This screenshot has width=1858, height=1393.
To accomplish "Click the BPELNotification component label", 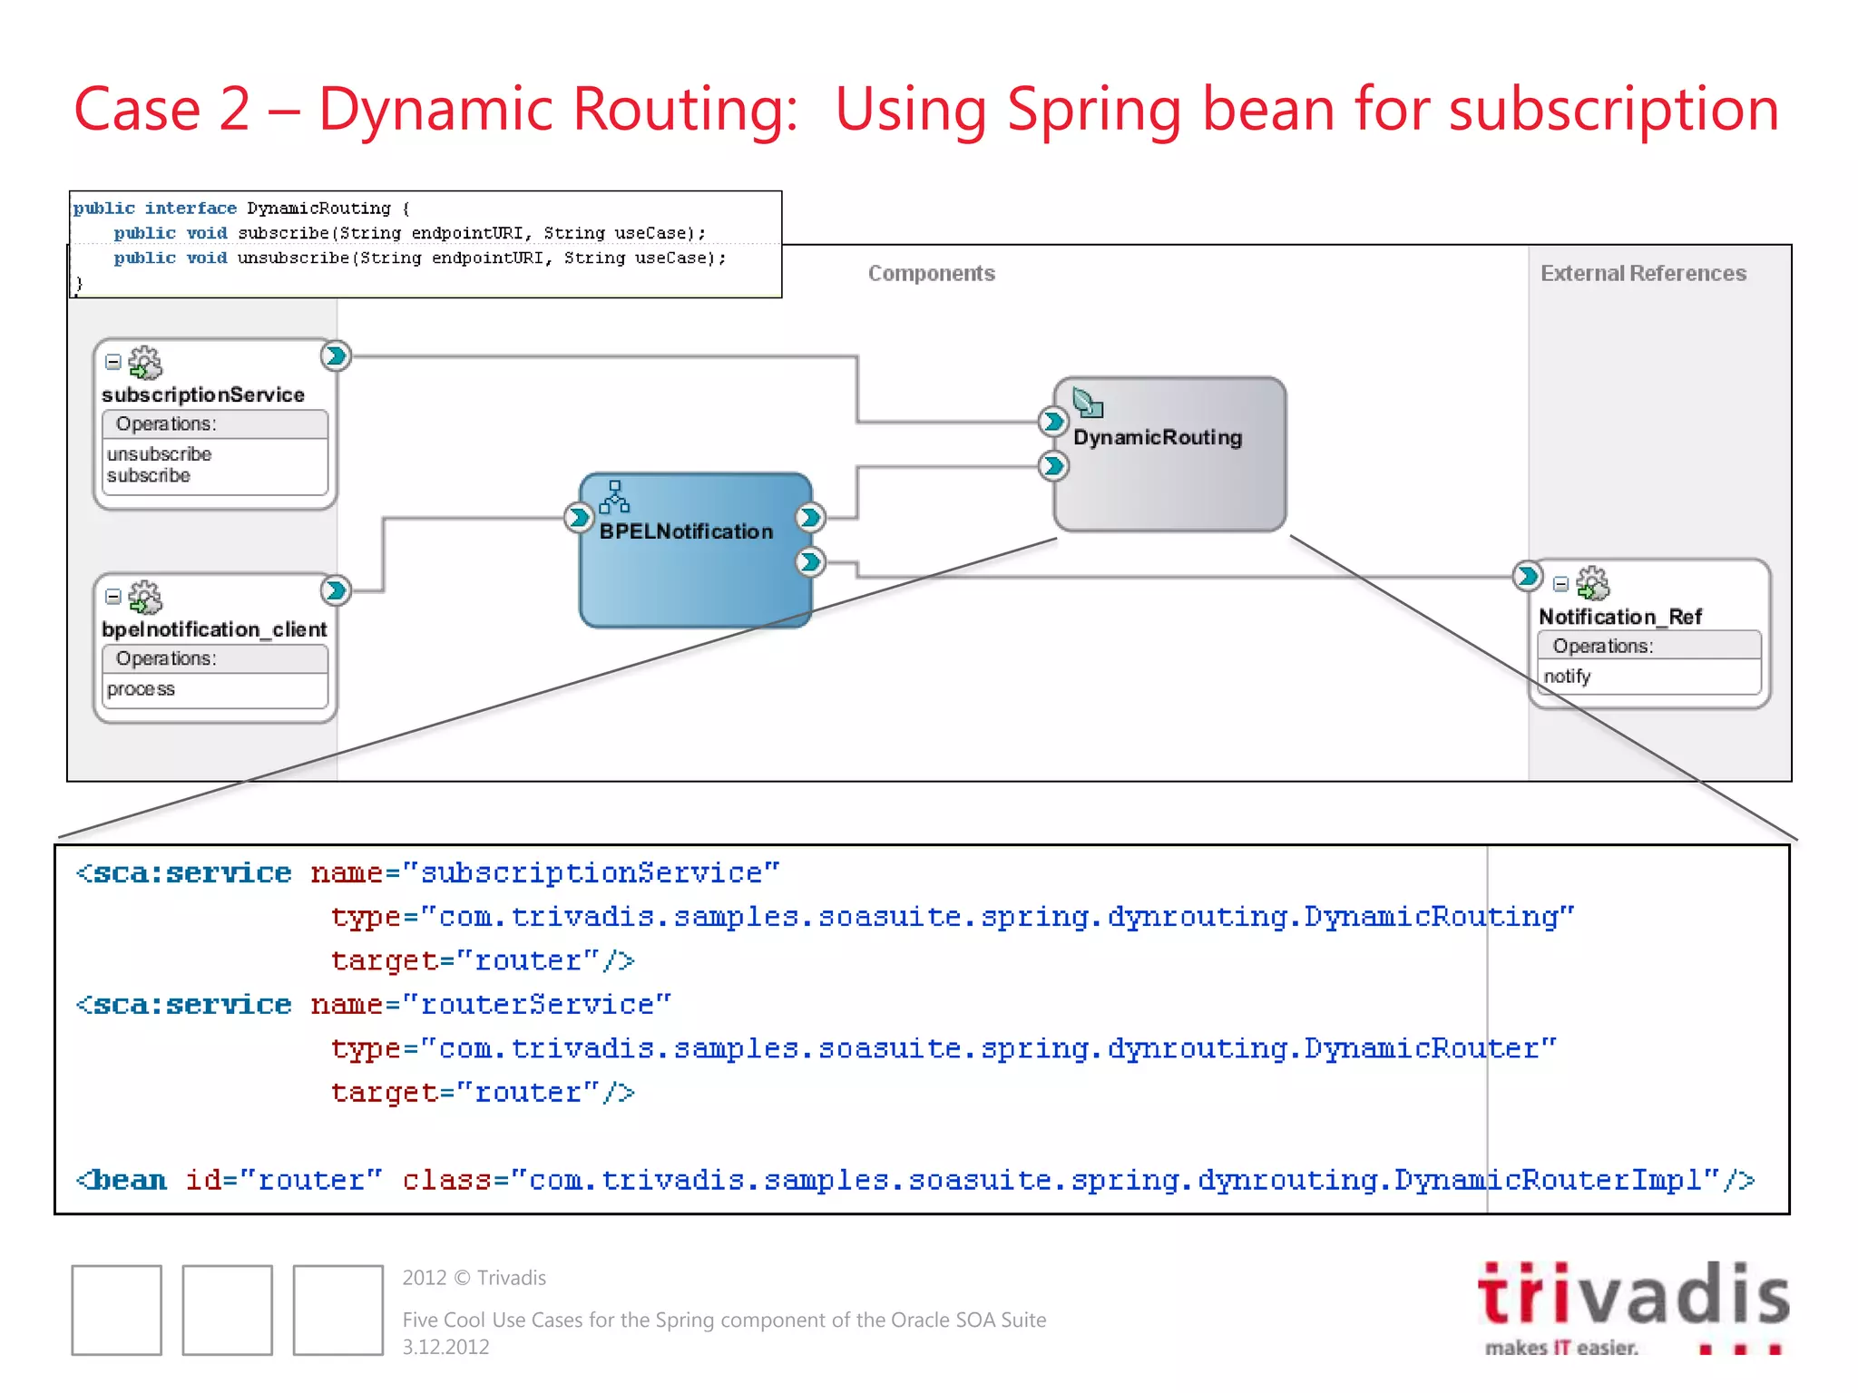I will (686, 531).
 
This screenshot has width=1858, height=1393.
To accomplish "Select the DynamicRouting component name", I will (1158, 437).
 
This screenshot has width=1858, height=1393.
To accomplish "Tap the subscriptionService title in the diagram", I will (203, 395).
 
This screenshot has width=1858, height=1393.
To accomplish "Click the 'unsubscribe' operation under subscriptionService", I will (159, 453).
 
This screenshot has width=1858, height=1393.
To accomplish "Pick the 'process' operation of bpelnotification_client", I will (141, 689).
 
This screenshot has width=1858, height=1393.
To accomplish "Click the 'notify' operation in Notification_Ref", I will (1567, 677).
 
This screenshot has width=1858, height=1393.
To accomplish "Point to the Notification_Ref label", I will (1619, 617).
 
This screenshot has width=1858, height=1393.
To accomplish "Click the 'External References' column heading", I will (1643, 273).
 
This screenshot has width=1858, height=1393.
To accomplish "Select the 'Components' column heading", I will (931, 273).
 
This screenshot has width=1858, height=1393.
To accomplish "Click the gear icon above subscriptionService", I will (145, 363).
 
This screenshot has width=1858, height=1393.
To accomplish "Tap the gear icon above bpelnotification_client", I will (145, 598).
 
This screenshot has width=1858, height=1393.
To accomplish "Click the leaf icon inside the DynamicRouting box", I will (1087, 402).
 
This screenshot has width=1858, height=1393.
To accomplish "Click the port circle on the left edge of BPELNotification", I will (578, 518).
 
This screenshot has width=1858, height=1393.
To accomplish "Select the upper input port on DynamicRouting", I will (1052, 421).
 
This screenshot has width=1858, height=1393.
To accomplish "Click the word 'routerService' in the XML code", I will (537, 1005).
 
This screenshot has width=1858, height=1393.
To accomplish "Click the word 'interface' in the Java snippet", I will (191, 209).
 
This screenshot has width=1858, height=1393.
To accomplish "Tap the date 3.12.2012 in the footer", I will (445, 1347).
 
